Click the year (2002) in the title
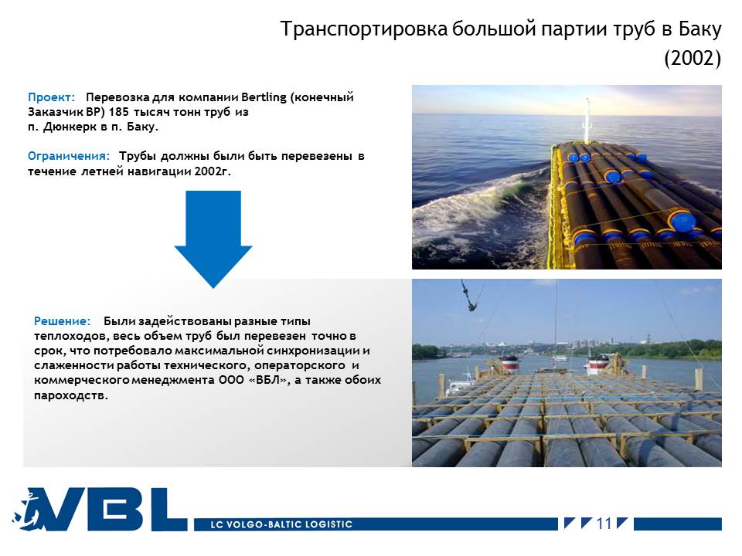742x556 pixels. [693, 58]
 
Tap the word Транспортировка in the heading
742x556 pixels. [364, 29]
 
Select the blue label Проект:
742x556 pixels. [52, 97]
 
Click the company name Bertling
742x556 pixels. [264, 97]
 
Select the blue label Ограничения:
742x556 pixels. [69, 156]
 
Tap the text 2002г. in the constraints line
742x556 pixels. [213, 171]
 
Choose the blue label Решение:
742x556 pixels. [62, 321]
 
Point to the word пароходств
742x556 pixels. [71, 395]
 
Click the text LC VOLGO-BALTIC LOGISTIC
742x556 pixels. [281, 524]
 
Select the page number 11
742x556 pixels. [604, 524]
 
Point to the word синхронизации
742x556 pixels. [313, 351]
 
